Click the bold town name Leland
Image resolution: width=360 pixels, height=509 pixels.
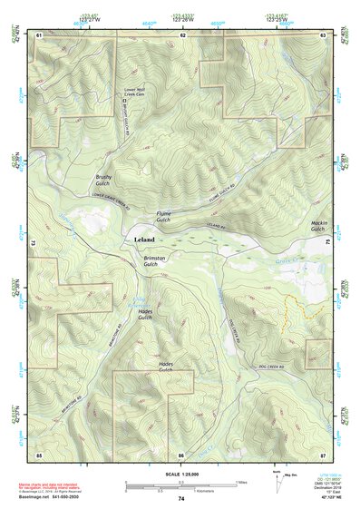click(144, 240)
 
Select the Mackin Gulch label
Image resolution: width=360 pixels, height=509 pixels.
click(317, 226)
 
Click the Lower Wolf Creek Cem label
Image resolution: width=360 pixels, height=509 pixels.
click(135, 92)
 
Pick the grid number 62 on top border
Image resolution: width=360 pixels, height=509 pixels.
click(182, 34)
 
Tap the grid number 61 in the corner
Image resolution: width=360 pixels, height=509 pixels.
click(39, 34)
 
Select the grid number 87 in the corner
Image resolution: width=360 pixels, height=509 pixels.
click(323, 453)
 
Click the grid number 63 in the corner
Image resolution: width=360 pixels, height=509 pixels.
click(323, 34)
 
